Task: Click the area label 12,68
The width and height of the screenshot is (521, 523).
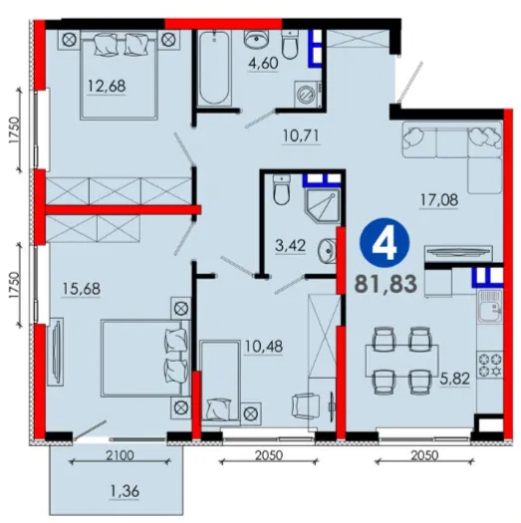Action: point(107,86)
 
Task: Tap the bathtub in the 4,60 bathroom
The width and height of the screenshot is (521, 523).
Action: point(214,68)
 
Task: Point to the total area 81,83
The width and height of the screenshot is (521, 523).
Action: point(386,284)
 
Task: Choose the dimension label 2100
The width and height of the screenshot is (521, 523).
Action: point(120,455)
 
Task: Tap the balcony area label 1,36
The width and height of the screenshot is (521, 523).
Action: point(124,491)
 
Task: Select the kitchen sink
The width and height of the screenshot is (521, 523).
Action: point(490,306)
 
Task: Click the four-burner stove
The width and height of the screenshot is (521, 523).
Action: point(490,365)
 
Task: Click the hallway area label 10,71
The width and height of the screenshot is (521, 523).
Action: point(301,135)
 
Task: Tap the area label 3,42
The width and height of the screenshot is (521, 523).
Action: point(290,246)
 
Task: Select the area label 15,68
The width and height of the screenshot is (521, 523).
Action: point(81,289)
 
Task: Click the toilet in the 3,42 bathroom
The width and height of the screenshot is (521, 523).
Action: point(282,190)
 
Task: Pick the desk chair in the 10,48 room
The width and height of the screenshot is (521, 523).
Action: point(305,405)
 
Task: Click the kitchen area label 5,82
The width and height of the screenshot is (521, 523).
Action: point(455,379)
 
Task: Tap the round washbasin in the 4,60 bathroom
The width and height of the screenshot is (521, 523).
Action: point(256,39)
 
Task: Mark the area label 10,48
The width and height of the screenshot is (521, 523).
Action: point(264,347)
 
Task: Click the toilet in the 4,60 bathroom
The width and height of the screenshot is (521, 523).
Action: point(290,45)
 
